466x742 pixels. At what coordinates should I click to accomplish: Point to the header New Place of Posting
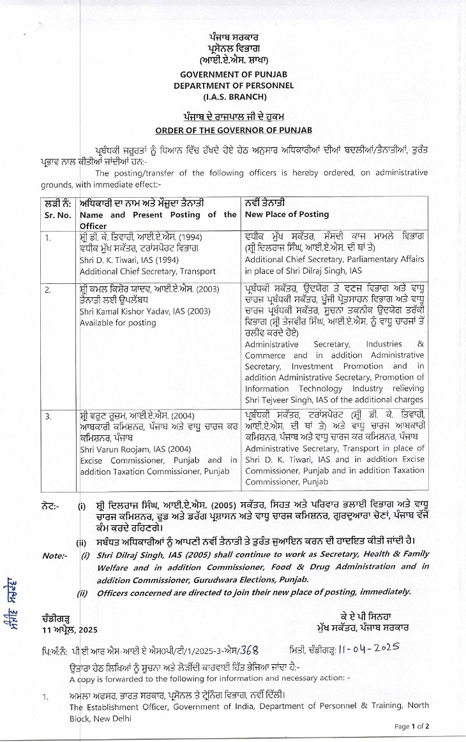pyautogui.click(x=278, y=215)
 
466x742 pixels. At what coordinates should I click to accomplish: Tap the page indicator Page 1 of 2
pyautogui.click(x=412, y=726)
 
